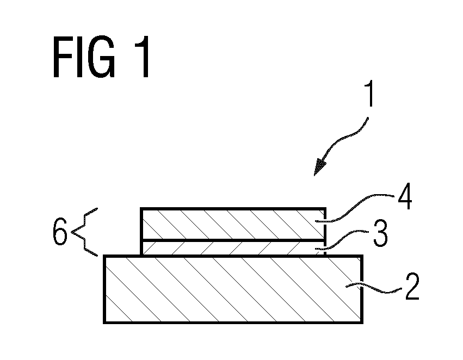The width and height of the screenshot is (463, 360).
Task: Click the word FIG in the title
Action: point(84,57)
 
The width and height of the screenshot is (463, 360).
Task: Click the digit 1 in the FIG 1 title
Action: point(143,57)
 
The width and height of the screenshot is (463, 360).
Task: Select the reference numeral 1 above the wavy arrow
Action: point(369,94)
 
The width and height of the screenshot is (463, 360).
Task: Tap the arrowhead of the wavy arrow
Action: point(319,167)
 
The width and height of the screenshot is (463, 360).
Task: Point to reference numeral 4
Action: point(405,196)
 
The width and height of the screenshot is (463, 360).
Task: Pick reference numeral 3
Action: point(380,233)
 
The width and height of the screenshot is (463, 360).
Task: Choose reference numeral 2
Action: point(412,287)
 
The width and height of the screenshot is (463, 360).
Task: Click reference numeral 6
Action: point(60,232)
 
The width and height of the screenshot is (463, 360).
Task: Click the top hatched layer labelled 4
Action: point(233,224)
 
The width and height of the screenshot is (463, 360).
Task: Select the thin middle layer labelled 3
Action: point(233,248)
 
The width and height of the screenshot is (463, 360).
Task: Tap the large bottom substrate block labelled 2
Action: point(233,289)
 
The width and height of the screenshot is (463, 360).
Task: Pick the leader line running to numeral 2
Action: point(374,289)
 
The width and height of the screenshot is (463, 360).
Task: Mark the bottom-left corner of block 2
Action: point(104,323)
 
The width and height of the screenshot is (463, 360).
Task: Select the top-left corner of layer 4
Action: point(141,209)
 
